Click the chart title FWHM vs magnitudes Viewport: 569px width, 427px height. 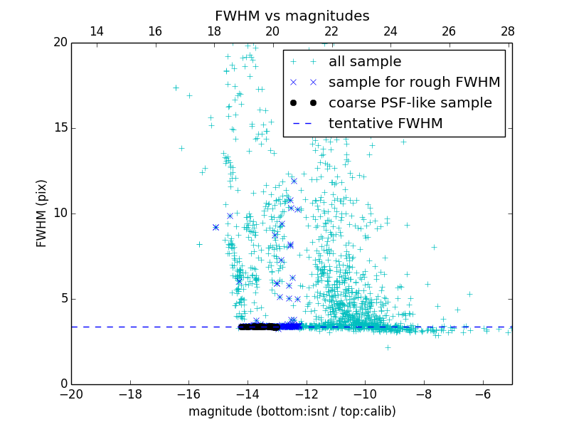292,16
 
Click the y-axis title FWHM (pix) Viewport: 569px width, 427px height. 42,213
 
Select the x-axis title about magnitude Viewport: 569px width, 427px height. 292,411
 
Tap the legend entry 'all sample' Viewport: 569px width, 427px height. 365,62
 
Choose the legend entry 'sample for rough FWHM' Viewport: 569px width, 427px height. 414,83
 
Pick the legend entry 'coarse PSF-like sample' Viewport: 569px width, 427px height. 410,103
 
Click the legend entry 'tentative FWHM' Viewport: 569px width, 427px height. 385,124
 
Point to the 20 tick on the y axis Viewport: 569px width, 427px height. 60,43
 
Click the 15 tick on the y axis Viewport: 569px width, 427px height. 60,128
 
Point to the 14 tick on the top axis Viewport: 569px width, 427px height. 96,31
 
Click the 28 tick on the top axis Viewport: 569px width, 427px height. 507,31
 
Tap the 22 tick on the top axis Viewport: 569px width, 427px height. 331,31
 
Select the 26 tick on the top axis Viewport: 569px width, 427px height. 449,31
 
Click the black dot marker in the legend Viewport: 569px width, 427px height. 303,103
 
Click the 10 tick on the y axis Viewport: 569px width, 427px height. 60,213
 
